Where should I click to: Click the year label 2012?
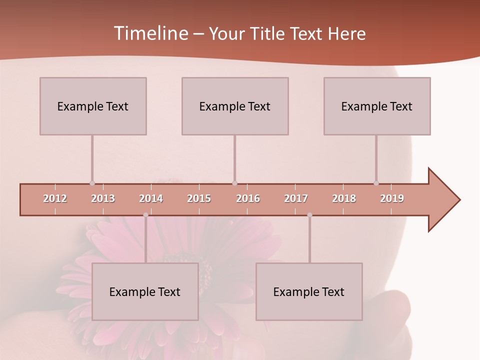click(x=55, y=198)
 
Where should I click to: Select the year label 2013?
click(x=103, y=198)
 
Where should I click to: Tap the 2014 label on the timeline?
click(x=151, y=198)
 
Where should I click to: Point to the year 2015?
click(x=199, y=198)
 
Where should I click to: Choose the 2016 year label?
click(x=248, y=198)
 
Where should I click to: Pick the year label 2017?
click(x=296, y=198)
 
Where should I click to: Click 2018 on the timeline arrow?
click(x=344, y=198)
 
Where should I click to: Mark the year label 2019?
click(x=392, y=198)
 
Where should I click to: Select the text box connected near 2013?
click(x=93, y=106)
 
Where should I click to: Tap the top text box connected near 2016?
click(x=235, y=106)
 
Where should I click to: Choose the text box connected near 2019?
click(x=377, y=106)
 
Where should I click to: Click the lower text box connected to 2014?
click(x=145, y=291)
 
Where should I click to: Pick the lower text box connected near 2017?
click(x=309, y=291)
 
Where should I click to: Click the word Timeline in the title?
click(x=150, y=33)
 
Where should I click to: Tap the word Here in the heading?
click(x=346, y=33)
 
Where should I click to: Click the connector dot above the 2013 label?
click(x=92, y=183)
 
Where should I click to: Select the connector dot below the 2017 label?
click(x=309, y=215)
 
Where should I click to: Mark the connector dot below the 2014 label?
click(x=145, y=215)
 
